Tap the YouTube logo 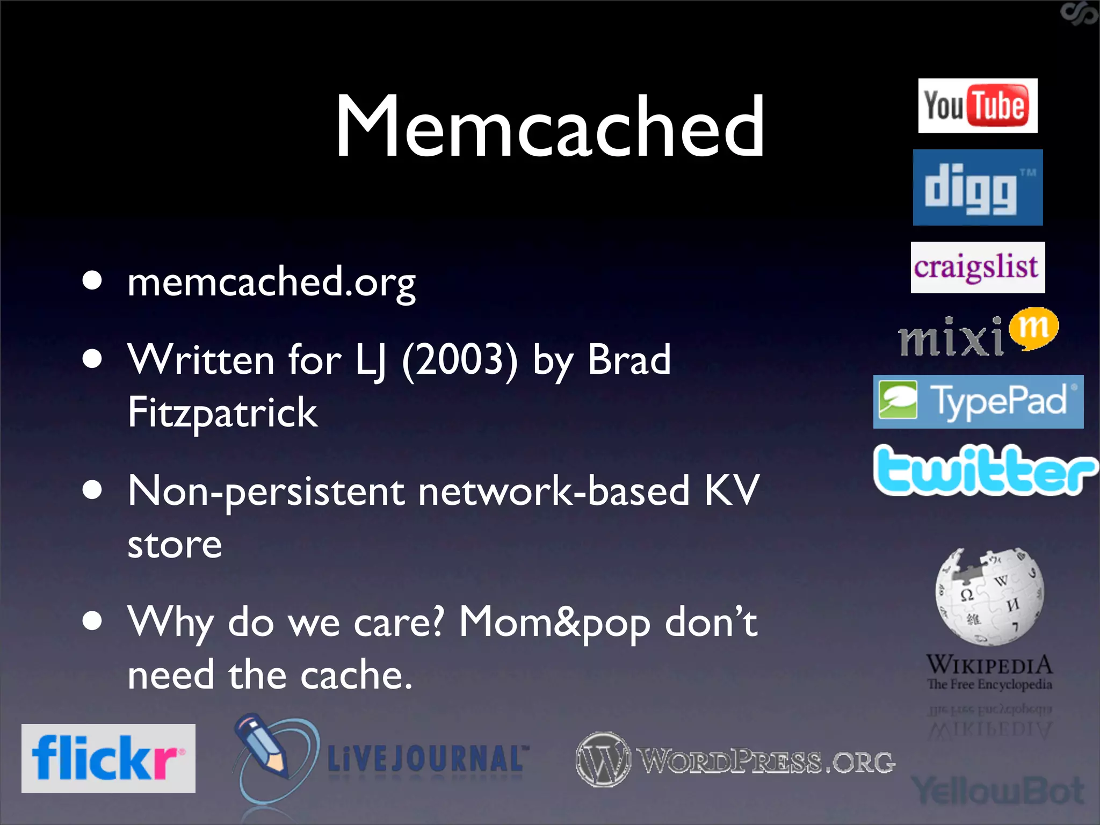(978, 106)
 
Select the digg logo (978, 187)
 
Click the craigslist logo (978, 267)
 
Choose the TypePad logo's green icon (898, 401)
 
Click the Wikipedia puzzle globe (989, 596)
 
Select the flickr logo (108, 758)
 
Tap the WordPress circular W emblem (603, 759)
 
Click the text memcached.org (271, 283)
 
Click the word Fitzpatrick (222, 412)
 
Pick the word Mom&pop (554, 622)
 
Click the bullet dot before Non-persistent (93, 489)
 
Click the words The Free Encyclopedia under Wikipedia (989, 684)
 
